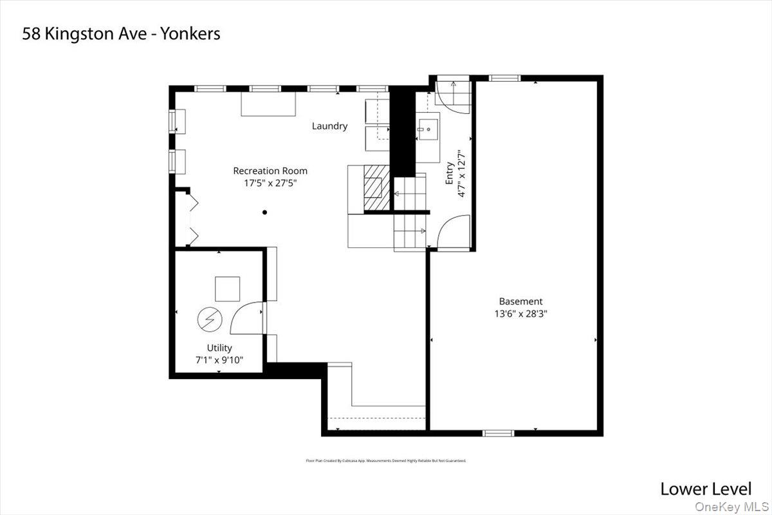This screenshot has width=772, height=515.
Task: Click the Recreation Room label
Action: point(270,171)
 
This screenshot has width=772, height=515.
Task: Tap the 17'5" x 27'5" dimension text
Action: point(270,183)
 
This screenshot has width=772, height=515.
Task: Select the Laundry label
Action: point(329,126)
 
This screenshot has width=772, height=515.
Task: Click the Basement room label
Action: point(520,301)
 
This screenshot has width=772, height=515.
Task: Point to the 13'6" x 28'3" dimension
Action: point(520,314)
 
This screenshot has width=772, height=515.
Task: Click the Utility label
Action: point(219,348)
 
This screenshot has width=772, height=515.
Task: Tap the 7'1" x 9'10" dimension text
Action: point(219,360)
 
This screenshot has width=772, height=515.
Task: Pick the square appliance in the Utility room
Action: point(227,289)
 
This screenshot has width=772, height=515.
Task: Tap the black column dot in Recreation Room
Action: point(264,212)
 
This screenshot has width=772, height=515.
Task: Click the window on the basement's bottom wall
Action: point(499,433)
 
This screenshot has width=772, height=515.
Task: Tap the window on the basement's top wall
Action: point(504,78)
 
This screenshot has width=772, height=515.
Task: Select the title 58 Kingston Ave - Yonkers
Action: point(121,33)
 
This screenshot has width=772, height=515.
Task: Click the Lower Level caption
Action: point(705,489)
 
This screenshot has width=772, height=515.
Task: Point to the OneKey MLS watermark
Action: point(737,507)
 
